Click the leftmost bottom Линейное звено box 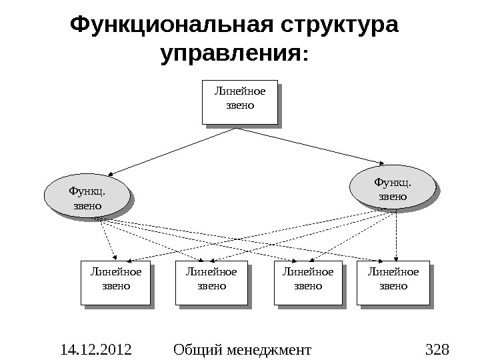click(114, 284)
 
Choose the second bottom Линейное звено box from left click(211, 284)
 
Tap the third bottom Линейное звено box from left click(307, 284)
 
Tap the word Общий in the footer click(197, 349)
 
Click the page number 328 click(437, 349)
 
